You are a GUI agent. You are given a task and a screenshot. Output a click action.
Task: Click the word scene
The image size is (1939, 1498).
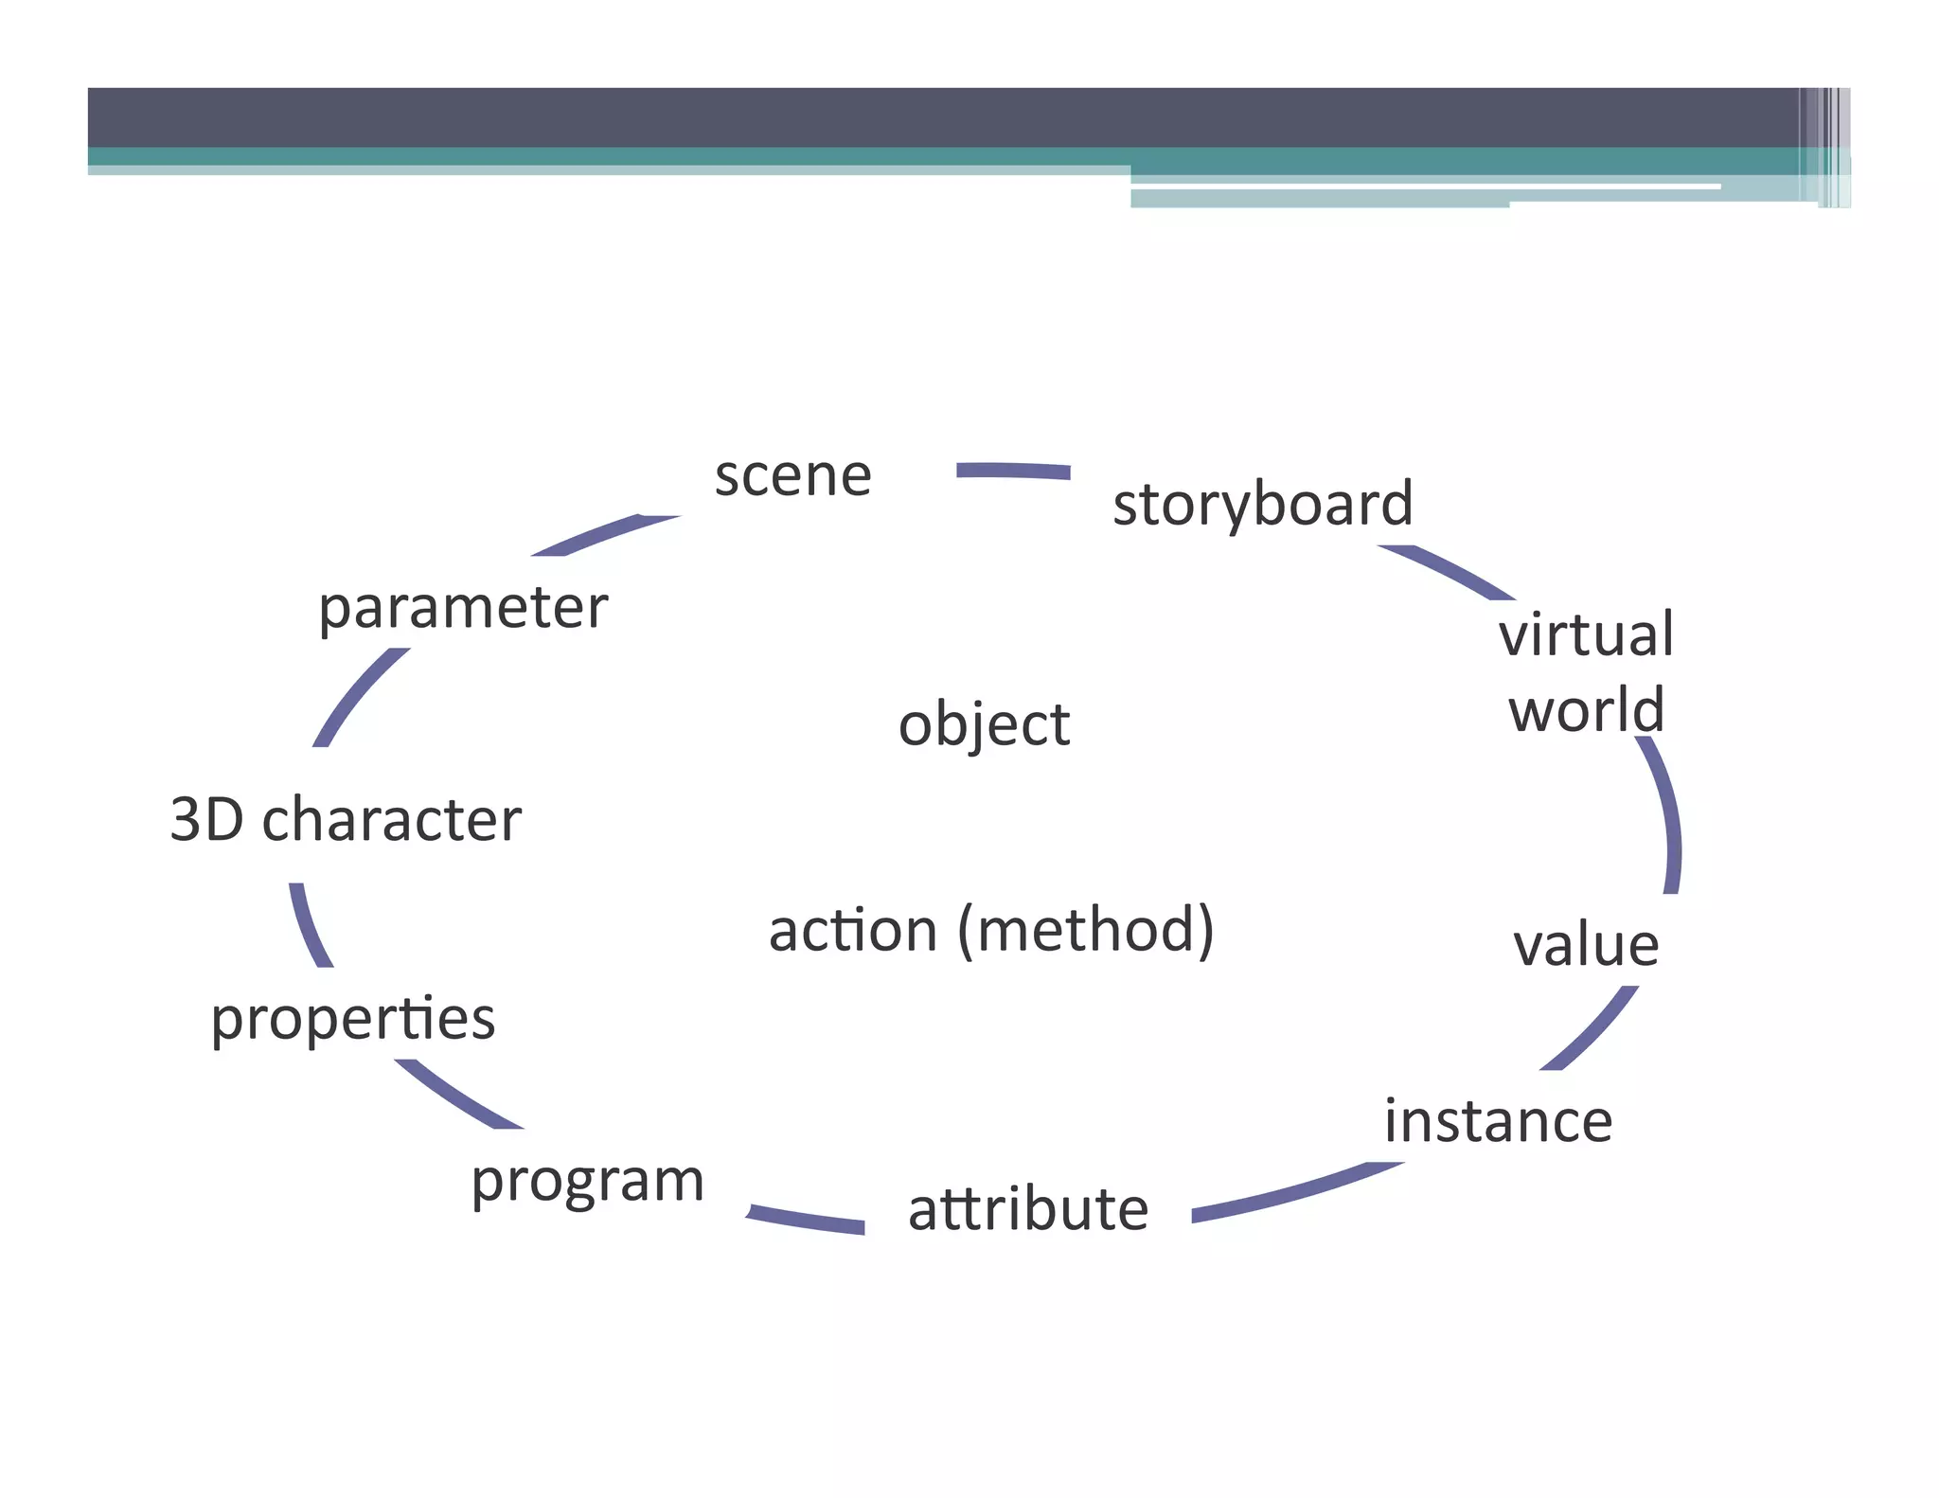coord(792,476)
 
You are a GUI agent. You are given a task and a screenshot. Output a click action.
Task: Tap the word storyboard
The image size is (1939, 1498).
coord(1262,505)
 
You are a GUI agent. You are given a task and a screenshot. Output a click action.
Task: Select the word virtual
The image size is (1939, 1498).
coord(1586,634)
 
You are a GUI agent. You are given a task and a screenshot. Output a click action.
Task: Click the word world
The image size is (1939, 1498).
coord(1586,710)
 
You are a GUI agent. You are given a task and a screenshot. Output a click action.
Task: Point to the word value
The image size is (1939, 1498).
coord(1586,945)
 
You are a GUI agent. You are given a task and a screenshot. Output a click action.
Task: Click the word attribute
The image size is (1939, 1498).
coord(1028,1209)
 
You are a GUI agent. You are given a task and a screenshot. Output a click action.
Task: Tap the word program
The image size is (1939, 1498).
coord(588,1182)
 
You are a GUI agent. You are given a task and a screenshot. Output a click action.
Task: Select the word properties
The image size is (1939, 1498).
coord(353,1019)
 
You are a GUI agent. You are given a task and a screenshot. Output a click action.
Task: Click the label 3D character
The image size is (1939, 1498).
coord(346,819)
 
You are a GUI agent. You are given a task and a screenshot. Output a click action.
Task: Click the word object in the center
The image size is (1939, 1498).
coord(984,725)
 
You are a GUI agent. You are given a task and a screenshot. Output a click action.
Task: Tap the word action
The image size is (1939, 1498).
coord(852,931)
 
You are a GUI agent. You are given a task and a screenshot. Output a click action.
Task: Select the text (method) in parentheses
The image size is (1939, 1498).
coord(1086,931)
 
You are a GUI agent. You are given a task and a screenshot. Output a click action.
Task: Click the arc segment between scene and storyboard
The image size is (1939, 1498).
coord(1013,471)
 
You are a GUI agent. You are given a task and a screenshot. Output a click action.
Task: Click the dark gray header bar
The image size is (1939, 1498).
coord(947,117)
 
